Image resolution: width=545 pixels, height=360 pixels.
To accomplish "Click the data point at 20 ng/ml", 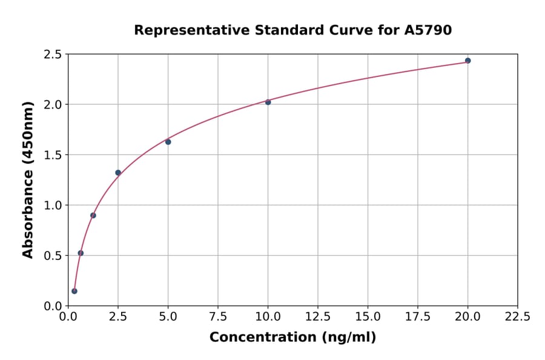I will [467, 61].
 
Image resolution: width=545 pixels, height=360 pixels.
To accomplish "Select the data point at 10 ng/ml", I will [268, 102].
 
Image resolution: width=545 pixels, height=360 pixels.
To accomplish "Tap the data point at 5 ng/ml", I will [168, 142].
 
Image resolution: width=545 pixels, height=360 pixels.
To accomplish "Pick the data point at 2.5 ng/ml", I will [118, 173].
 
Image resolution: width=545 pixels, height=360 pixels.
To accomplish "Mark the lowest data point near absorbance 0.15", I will [74, 291].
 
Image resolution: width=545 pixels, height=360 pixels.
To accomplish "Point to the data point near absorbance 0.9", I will [93, 215].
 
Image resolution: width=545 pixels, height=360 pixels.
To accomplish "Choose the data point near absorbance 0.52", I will [81, 253].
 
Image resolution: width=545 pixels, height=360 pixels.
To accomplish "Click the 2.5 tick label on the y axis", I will [52, 55].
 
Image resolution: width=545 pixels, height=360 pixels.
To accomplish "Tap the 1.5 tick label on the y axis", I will [52, 155].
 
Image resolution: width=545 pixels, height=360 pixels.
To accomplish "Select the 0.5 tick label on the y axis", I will [52, 256].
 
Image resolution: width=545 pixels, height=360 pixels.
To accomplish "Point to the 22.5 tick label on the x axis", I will [518, 317].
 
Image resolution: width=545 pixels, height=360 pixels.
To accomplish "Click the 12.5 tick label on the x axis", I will [318, 317].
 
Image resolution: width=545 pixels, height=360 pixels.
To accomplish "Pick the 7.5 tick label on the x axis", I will [218, 317].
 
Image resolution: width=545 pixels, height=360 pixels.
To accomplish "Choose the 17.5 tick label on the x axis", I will [418, 317].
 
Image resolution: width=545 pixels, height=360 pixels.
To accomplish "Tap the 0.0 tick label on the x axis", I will [68, 317].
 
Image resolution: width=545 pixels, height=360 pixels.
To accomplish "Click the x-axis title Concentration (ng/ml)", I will [292, 338].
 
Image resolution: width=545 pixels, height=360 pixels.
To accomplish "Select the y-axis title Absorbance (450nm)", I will [28, 179].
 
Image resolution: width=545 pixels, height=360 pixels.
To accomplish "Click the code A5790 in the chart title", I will [428, 30].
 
